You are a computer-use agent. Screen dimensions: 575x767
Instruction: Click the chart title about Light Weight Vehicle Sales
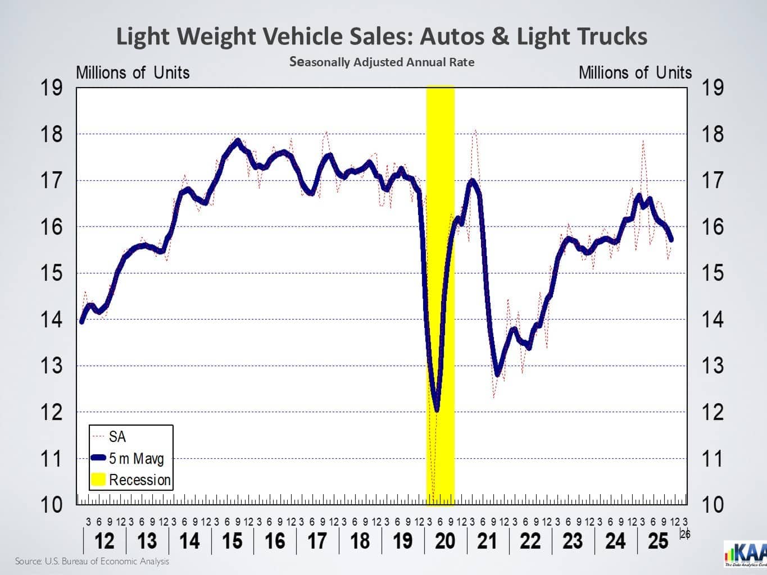pos(382,36)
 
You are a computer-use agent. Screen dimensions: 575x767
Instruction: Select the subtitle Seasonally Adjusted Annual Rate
pos(382,62)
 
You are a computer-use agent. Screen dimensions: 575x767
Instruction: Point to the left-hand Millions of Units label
pos(133,73)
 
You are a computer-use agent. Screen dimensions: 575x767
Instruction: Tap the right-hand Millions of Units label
pos(635,73)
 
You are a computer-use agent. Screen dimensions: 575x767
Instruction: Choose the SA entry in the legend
pos(117,437)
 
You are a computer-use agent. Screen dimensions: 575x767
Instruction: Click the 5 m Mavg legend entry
pos(136,459)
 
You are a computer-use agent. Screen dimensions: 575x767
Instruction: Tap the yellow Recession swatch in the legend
pos(98,480)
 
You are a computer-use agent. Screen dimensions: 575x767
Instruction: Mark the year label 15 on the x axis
pos(232,541)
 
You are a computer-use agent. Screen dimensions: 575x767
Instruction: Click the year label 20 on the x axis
pos(445,541)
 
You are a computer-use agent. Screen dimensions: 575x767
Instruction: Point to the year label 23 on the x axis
pos(573,541)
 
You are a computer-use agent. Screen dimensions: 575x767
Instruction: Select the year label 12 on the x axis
pos(105,541)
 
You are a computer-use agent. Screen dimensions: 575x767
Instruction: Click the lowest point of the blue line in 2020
pos(437,410)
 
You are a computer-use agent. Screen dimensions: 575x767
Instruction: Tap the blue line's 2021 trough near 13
pos(497,374)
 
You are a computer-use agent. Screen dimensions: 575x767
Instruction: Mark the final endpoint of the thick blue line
pos(671,240)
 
